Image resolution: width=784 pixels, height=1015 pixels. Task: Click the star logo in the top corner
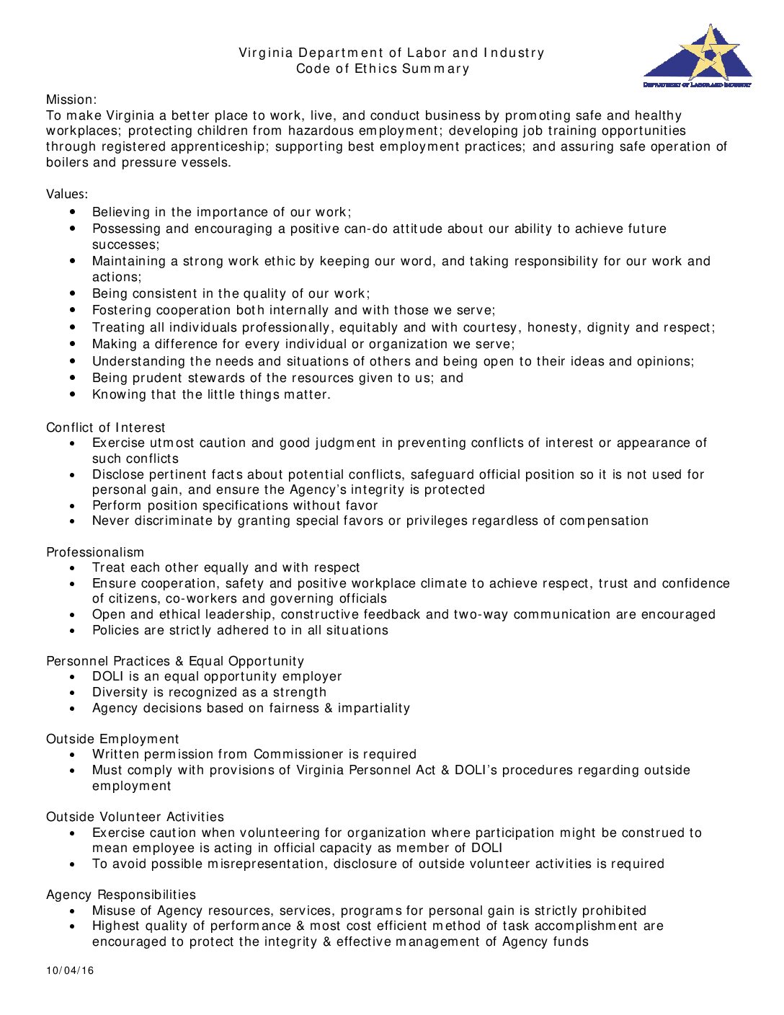pyautogui.click(x=698, y=56)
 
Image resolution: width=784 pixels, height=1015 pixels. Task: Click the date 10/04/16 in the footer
pyautogui.click(x=70, y=970)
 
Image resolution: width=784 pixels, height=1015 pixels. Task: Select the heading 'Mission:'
pyautogui.click(x=71, y=99)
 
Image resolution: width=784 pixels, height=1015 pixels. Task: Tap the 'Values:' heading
pyautogui.click(x=67, y=194)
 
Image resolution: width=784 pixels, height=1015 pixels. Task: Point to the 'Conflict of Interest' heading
pyautogui.click(x=105, y=427)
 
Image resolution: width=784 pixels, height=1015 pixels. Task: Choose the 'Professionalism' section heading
pyautogui.click(x=95, y=552)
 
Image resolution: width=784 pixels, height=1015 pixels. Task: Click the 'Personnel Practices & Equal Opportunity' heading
pyautogui.click(x=175, y=661)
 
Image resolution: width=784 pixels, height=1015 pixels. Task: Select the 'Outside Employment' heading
pyautogui.click(x=112, y=739)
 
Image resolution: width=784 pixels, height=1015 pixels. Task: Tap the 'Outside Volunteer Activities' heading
pyautogui.click(x=135, y=817)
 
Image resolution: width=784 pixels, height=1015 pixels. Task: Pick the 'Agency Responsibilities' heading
pyautogui.click(x=121, y=895)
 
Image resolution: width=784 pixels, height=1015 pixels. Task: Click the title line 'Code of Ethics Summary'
pyautogui.click(x=383, y=68)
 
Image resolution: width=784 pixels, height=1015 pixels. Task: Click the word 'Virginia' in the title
pyautogui.click(x=266, y=53)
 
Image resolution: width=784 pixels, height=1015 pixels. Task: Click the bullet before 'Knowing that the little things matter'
pyautogui.click(x=73, y=394)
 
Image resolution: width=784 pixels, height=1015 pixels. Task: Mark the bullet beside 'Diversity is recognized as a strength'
pyautogui.click(x=73, y=693)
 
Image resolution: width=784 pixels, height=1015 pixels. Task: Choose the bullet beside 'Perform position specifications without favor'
pyautogui.click(x=73, y=506)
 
